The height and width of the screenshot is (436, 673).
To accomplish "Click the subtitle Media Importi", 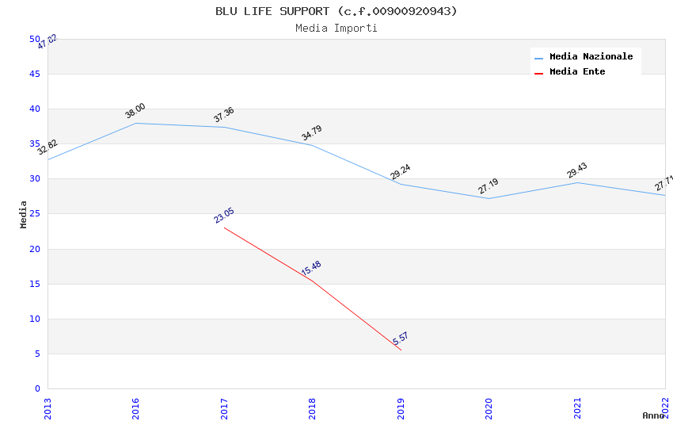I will click(336, 28).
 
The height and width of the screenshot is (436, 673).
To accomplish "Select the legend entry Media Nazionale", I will click(591, 57).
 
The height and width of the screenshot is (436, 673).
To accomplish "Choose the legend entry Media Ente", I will click(577, 72).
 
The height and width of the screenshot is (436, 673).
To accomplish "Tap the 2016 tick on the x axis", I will click(136, 408).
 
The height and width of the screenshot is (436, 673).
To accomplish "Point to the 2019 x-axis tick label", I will click(401, 408).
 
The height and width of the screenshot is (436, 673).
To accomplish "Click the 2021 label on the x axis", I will click(577, 408).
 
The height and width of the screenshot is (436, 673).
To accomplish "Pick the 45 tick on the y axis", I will click(35, 75).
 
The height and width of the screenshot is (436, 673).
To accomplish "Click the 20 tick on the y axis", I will click(35, 249).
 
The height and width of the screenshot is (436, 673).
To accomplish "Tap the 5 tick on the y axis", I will click(37, 354).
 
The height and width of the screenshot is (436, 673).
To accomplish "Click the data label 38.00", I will click(135, 111).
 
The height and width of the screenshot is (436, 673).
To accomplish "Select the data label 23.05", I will click(224, 216).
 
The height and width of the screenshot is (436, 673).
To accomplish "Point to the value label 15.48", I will click(311, 269).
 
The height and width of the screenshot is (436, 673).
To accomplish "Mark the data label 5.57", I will click(401, 339).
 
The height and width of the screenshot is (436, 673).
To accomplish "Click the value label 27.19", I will click(489, 186).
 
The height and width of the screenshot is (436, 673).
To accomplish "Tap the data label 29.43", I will click(577, 170).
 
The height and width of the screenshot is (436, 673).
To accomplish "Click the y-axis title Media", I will click(24, 214).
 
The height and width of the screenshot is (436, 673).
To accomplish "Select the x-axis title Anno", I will click(653, 415).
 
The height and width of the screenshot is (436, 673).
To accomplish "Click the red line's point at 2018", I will click(313, 281).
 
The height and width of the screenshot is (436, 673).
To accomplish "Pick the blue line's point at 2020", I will click(489, 198).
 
